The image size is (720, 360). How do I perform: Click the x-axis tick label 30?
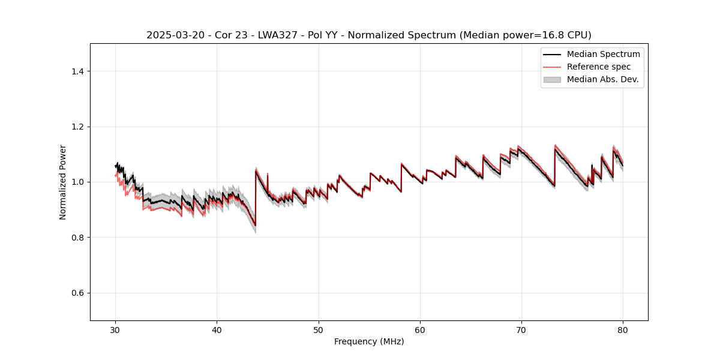(115, 329)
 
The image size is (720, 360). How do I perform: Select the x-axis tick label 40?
(217, 329)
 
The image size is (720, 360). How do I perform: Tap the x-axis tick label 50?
(318, 329)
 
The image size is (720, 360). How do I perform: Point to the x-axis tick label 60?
(420, 329)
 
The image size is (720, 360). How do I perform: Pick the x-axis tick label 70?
(521, 329)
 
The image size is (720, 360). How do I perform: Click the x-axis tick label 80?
(623, 329)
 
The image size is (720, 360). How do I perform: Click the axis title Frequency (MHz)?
(369, 341)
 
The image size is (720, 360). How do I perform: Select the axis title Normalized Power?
(62, 182)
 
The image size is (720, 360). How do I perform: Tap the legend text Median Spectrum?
(603, 54)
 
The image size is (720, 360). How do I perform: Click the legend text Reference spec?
(599, 67)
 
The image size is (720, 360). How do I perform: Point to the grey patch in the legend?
(552, 79)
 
